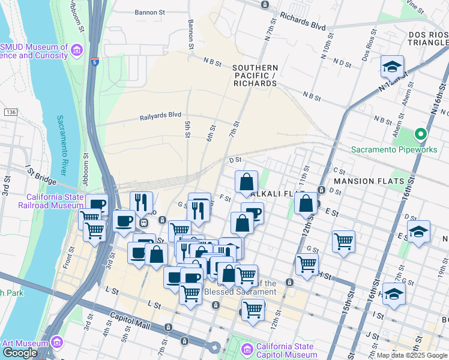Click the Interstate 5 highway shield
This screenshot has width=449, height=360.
click(95, 61)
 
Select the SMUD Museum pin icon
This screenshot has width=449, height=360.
click(76, 49)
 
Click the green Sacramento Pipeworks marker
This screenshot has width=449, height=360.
click(421, 134)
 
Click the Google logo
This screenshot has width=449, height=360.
click(20, 353)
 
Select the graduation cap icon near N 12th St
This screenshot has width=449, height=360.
click(392, 67)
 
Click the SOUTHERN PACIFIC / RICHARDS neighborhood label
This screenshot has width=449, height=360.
click(255, 76)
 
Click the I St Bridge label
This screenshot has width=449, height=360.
click(40, 175)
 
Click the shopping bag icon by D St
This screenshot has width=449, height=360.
click(246, 181)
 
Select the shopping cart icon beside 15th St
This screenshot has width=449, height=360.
click(343, 241)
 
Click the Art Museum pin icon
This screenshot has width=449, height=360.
click(57, 343)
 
